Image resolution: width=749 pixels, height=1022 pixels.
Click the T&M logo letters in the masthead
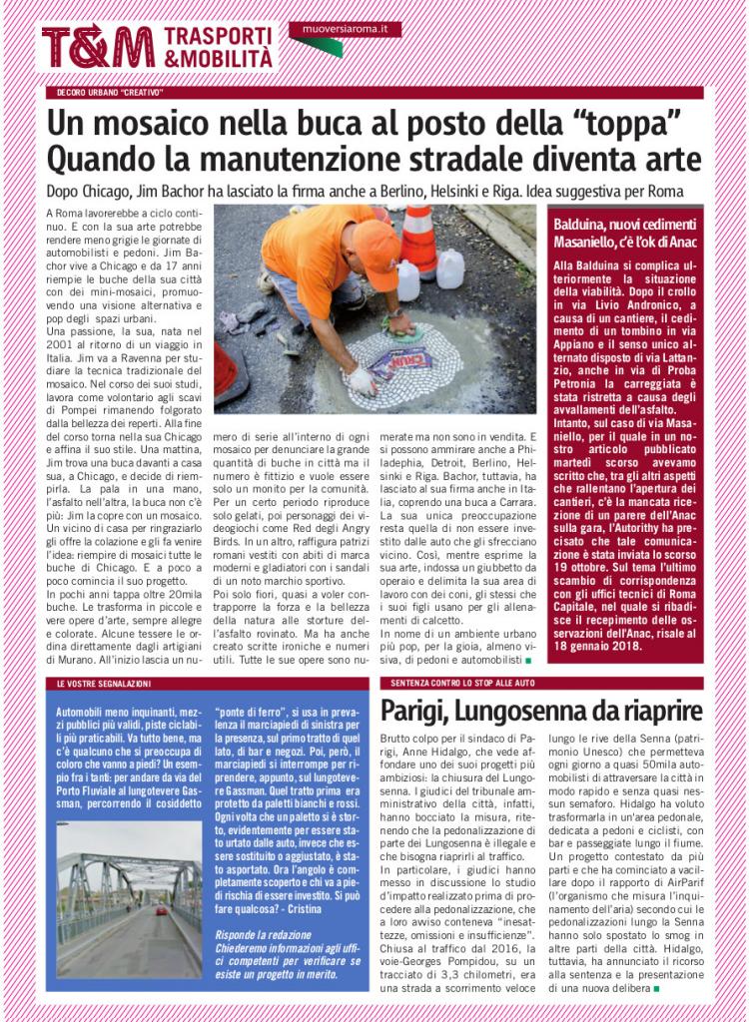[x=98, y=46]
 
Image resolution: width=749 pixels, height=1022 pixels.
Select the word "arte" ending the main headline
[x=672, y=160]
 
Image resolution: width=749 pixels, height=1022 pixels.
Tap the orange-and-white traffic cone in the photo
[x=419, y=239]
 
